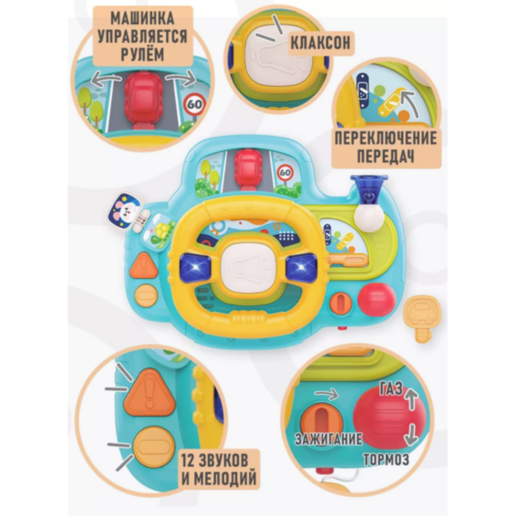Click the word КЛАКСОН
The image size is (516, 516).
(320, 44)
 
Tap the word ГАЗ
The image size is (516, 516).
(391, 389)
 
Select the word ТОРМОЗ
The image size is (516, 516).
(386, 460)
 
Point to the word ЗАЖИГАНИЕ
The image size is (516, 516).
(328, 439)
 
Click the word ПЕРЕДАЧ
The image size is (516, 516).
(385, 156)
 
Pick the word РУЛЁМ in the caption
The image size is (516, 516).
(142, 54)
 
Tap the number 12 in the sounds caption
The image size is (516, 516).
(188, 460)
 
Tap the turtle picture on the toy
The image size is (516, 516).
(159, 232)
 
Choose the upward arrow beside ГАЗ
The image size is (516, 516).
(411, 398)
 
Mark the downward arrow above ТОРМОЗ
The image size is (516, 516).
(411, 435)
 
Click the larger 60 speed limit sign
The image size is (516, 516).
(195, 104)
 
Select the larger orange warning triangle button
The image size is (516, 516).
(150, 393)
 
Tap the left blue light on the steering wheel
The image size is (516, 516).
(196, 267)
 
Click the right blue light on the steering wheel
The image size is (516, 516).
(302, 268)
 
